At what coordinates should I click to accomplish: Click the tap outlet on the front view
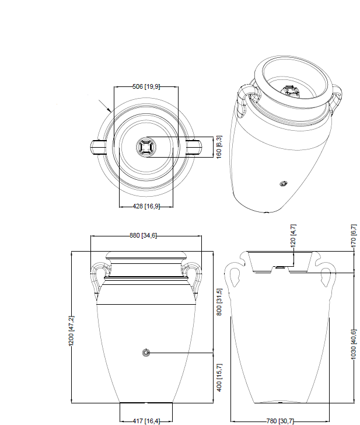coord(146,352)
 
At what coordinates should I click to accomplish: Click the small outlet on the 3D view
coord(283,184)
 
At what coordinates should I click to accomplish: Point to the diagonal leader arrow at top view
coord(106,106)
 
